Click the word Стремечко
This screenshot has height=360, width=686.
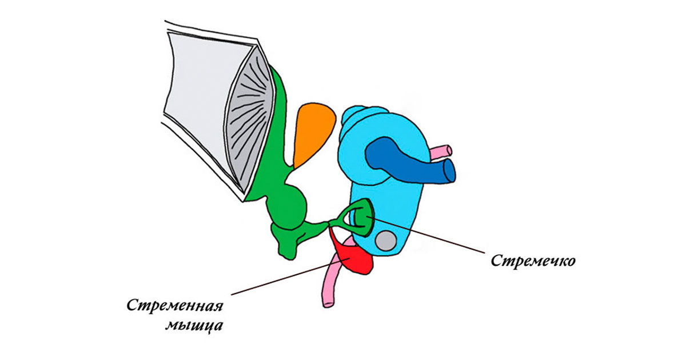[x=533, y=261]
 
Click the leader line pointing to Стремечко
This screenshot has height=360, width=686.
[x=434, y=237]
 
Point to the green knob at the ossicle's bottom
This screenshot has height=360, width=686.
[x=286, y=246]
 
